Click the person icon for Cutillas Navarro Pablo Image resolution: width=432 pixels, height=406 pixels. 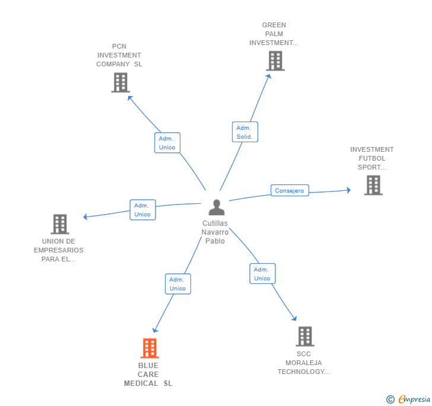coord(217,207)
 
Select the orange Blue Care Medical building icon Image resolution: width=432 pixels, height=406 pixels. coord(150,348)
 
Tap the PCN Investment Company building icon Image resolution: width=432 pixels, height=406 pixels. coord(120,82)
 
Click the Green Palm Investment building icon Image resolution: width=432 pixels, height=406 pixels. coord(275,61)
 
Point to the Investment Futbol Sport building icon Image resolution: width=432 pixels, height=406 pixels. coord(373,186)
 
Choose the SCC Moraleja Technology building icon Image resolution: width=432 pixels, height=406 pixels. coord(305,337)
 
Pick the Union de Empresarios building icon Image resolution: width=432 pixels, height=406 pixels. coord(60,224)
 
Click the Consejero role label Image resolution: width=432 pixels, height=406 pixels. coord(290,190)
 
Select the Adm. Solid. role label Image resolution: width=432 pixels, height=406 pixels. coord(245,132)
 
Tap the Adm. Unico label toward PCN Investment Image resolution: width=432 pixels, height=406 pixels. coord(167,143)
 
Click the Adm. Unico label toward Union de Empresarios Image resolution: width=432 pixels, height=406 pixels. coord(142,210)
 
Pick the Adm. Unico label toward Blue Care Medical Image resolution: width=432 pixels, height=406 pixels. coord(178,284)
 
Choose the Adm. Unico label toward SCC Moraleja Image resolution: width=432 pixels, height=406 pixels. coord(262,274)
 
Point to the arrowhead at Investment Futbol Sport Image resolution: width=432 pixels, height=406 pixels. coord(349,190)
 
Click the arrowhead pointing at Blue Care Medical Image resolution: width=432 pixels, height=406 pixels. coord(155,330)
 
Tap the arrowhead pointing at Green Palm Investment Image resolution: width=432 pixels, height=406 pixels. coord(269,76)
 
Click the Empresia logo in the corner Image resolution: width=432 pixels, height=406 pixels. coord(414,399)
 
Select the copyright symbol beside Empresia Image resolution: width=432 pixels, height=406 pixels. coord(390,399)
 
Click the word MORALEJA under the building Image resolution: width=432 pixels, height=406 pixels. coord(304,363)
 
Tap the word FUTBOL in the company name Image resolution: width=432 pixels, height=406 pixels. coord(372,158)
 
